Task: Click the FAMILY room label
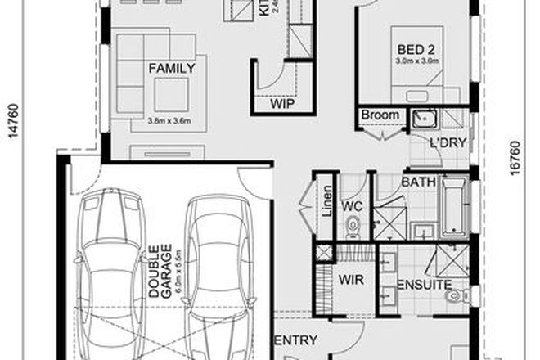click(171, 69)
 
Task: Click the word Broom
click(380, 115)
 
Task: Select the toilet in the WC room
click(353, 223)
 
